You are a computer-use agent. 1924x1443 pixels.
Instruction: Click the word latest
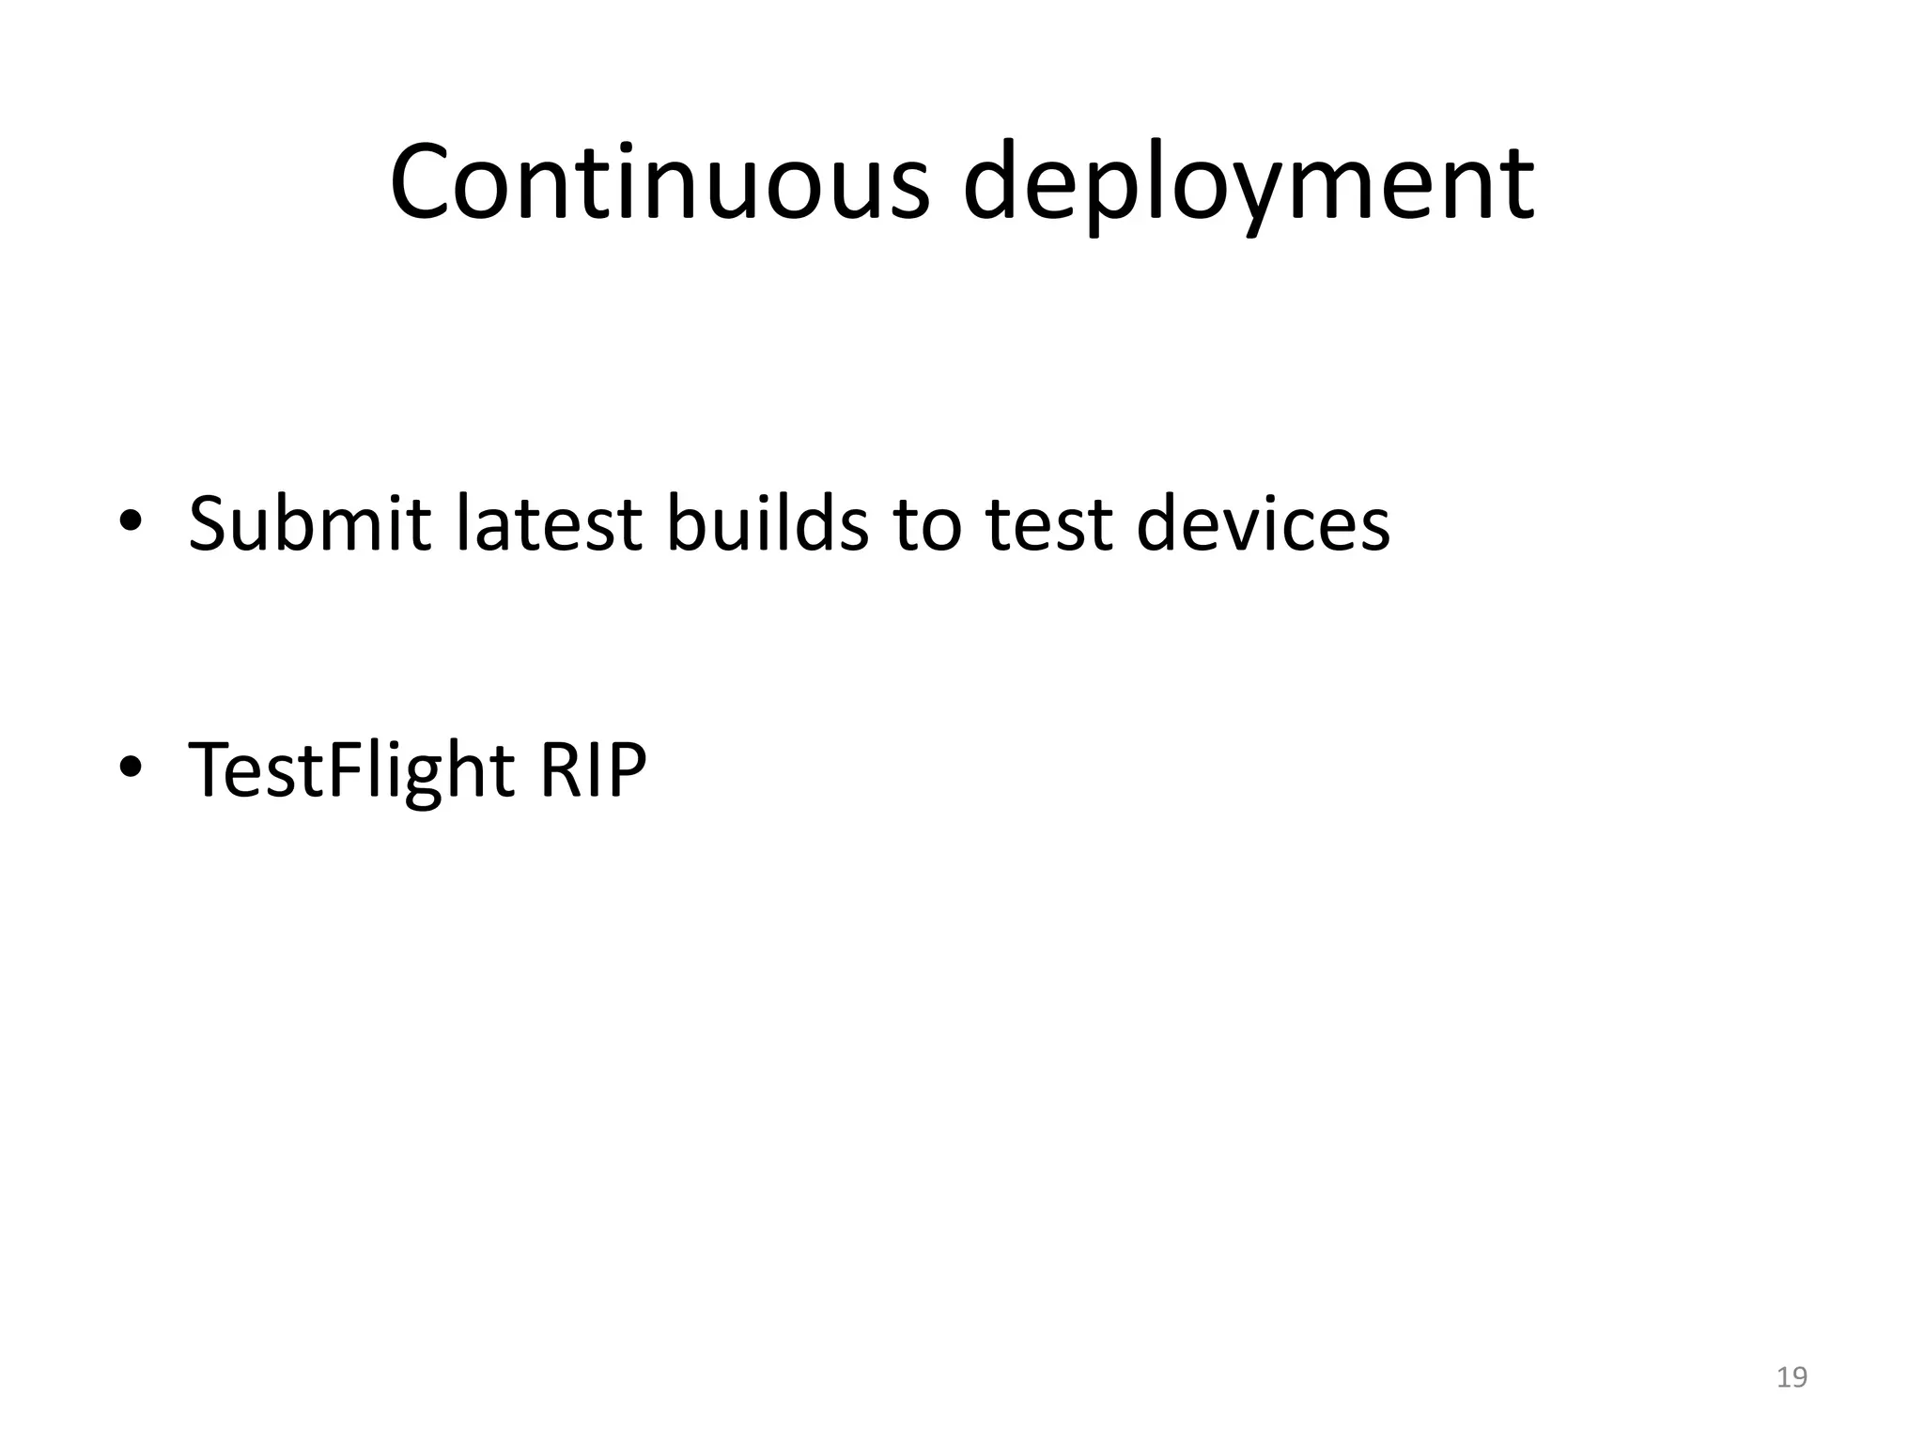tap(548, 523)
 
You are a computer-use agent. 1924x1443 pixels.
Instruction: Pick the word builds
tap(768, 523)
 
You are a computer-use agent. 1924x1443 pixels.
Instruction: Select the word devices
tap(1263, 523)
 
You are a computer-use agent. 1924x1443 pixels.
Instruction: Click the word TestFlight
tap(351, 770)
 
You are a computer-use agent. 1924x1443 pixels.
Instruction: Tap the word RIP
tap(593, 770)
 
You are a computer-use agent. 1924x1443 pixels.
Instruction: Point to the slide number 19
tap(1792, 1377)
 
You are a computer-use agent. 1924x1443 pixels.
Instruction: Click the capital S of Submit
tap(209, 523)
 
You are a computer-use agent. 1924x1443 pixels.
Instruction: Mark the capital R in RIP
tap(560, 770)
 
